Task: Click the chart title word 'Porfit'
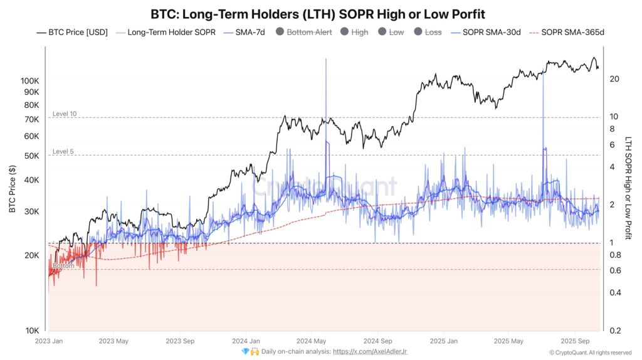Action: click(x=464, y=13)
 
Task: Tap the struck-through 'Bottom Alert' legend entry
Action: click(x=309, y=31)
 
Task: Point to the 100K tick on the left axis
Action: click(x=29, y=81)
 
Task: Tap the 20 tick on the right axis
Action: click(x=614, y=78)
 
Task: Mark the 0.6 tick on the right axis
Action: click(x=615, y=270)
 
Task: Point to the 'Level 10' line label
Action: click(x=65, y=114)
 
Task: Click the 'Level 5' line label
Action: click(x=63, y=151)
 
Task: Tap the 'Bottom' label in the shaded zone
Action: click(x=63, y=266)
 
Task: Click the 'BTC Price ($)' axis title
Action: click(x=13, y=189)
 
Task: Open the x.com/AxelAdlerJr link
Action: click(x=370, y=352)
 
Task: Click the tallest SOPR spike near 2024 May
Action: click(x=326, y=60)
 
